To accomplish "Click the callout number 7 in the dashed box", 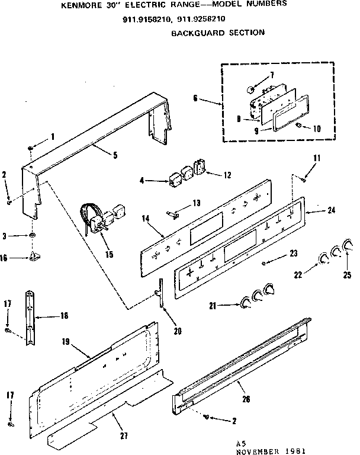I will [272, 74].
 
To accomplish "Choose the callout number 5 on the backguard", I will [115, 155].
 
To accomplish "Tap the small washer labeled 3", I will [31, 236].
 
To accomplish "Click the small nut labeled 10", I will [300, 126].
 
